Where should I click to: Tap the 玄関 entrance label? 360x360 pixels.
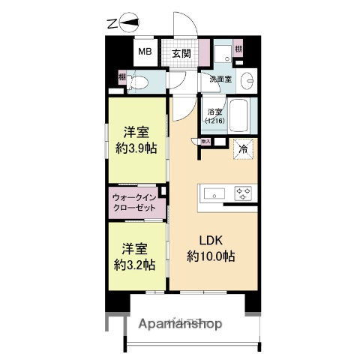coord(181,53)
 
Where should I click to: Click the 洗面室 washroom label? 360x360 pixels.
coord(220,79)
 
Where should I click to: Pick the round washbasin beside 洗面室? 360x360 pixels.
coord(249,79)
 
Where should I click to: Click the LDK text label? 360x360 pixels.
coord(209,240)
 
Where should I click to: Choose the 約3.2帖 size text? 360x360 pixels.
coord(136,264)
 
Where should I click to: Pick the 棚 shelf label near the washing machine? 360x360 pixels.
coord(238,49)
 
